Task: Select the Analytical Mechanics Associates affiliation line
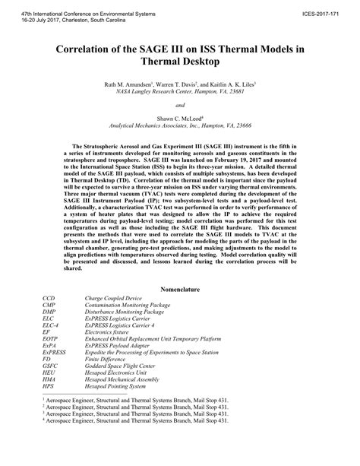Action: tap(180, 126)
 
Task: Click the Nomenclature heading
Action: tap(180, 288)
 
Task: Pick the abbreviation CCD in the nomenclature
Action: tap(49, 297)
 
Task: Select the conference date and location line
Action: tap(67, 14)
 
